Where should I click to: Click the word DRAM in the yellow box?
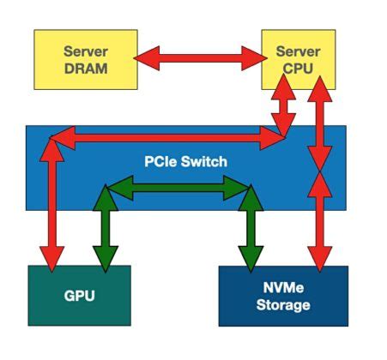(85, 69)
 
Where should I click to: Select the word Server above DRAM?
(85, 52)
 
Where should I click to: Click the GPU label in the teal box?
(79, 297)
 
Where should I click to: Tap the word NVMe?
(283, 289)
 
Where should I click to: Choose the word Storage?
(283, 305)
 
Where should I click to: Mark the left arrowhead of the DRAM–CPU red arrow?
(146, 58)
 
